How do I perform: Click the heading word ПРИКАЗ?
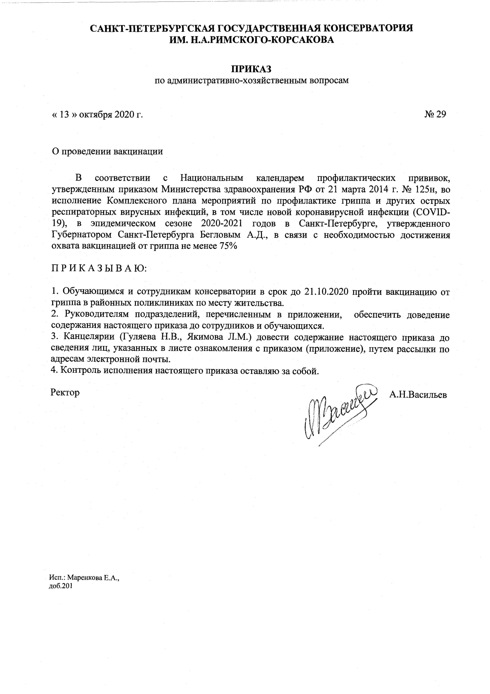click(251, 69)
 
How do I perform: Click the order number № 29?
click(435, 114)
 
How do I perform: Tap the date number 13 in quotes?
click(64, 115)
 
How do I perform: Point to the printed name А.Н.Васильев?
click(418, 394)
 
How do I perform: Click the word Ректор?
click(65, 392)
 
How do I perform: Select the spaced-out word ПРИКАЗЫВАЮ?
click(99, 268)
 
